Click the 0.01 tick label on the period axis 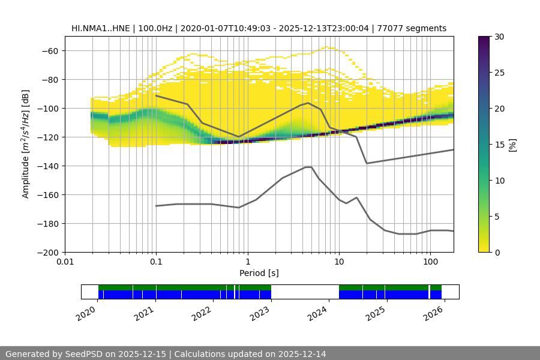(x=65, y=262)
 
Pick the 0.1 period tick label (x=156, y=262)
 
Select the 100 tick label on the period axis (x=430, y=262)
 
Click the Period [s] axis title (x=259, y=273)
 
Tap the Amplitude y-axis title (x=26, y=144)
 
